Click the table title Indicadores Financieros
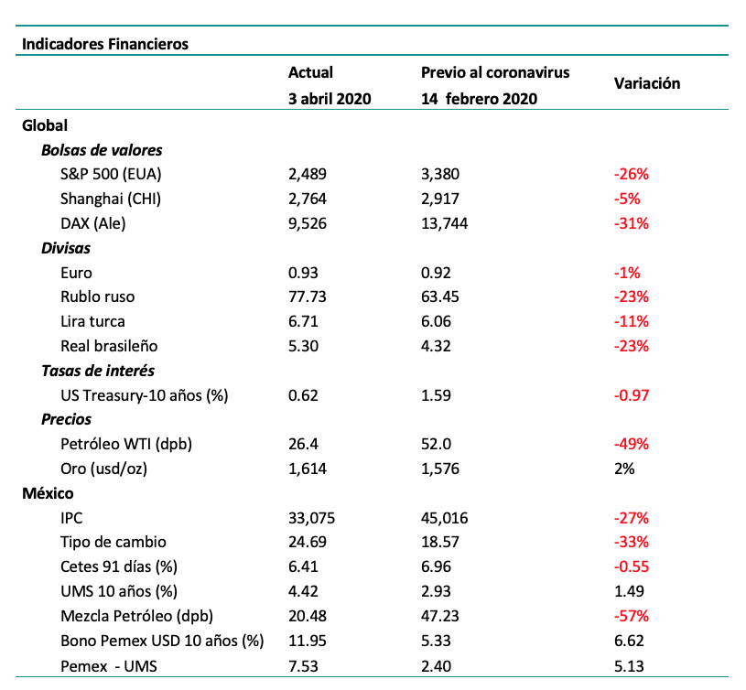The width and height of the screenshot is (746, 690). [x=105, y=44]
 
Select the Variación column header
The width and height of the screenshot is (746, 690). [x=647, y=83]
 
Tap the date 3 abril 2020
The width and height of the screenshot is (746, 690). [x=330, y=99]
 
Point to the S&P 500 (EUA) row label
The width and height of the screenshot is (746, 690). [x=111, y=174]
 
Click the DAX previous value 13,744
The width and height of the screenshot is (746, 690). [x=444, y=223]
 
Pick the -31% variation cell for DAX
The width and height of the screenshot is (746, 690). [x=632, y=223]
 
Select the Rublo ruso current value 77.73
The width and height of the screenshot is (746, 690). [x=308, y=296]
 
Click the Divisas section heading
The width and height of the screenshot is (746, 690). [x=66, y=248]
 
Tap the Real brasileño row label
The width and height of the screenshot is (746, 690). [x=109, y=346]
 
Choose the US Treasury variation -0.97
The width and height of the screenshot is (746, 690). [x=632, y=395]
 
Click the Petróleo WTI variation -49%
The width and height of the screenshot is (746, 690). [x=632, y=444]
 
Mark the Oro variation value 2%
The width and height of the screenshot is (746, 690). [x=624, y=469]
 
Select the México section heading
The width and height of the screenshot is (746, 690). [x=48, y=493]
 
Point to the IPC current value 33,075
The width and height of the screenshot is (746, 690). [x=311, y=518]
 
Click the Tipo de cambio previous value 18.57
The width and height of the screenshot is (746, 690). [x=440, y=542]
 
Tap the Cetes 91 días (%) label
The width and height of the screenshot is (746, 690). [x=119, y=566]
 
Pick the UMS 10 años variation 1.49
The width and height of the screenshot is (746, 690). [x=629, y=591]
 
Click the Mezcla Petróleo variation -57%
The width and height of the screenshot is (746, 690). [x=632, y=616]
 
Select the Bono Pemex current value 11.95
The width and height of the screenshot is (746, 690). [x=308, y=641]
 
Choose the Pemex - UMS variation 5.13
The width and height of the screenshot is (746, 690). [x=629, y=665]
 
